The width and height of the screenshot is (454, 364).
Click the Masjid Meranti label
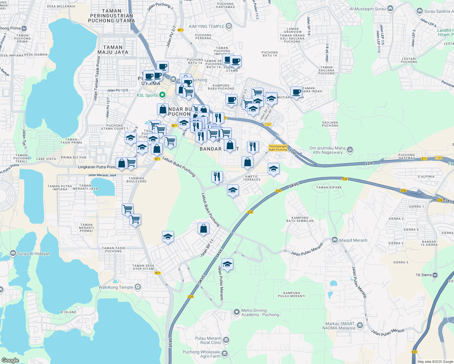pos(353,240)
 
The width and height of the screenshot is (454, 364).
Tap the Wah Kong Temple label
pos(116,287)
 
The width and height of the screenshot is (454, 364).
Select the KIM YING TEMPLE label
pos(207,26)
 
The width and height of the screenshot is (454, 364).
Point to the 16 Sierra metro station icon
pos(435,275)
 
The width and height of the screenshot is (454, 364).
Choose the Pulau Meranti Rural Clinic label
pos(208,340)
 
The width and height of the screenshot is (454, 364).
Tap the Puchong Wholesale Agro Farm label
pos(202,354)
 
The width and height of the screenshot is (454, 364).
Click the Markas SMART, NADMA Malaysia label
pos(339,326)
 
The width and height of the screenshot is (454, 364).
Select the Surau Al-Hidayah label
pos(34,254)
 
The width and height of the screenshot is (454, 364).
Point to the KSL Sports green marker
pos(162,95)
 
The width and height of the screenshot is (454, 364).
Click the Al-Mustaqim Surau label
pos(368,9)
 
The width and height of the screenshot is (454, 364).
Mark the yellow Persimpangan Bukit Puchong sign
pos(278,148)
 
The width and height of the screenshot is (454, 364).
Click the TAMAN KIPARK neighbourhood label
pos(329,187)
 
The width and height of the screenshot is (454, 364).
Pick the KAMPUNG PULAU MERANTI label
pos(292,295)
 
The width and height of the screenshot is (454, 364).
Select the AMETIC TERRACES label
pos(252,178)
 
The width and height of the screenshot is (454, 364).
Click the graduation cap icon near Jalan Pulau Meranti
pos(227,264)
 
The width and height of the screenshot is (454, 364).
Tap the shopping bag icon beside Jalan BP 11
pos(203,228)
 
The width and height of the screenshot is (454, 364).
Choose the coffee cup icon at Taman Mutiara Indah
pos(296,92)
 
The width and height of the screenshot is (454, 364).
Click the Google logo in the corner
pos(10,360)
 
